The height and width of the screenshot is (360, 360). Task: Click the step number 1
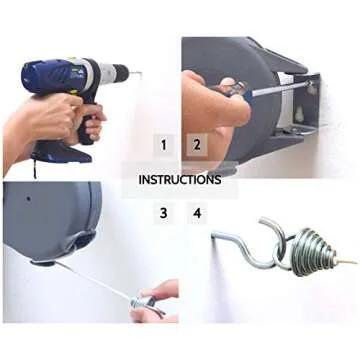pyautogui.click(x=162, y=145)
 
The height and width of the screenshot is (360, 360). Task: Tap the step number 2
pyautogui.click(x=197, y=145)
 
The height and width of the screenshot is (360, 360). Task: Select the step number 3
pyautogui.click(x=162, y=213)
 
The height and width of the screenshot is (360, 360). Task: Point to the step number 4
pyautogui.click(x=197, y=213)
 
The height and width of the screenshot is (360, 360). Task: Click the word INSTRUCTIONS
pyautogui.click(x=180, y=180)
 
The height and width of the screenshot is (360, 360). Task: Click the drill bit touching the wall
pyautogui.click(x=134, y=72)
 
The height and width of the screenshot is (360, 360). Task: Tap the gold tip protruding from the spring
pyautogui.click(x=349, y=261)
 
